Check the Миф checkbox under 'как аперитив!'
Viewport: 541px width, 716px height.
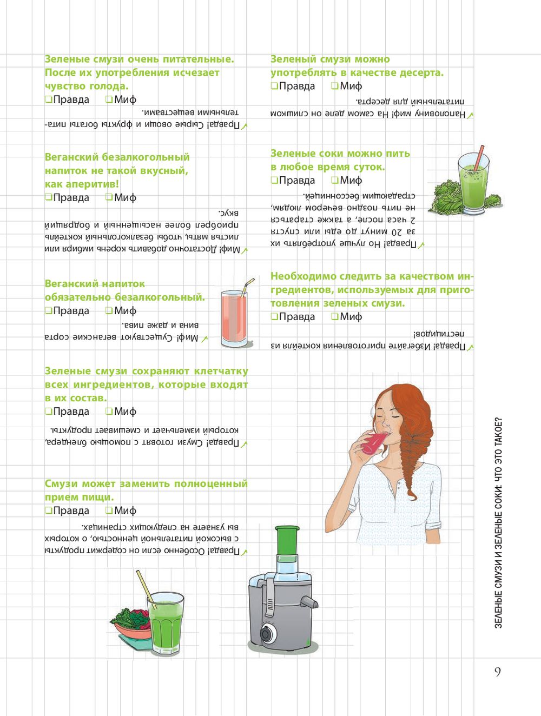(x=109, y=197)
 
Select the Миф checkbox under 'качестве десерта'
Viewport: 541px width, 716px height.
(x=334, y=85)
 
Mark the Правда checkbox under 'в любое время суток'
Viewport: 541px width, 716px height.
(x=274, y=180)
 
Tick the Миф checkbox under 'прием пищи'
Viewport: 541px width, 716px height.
(x=109, y=510)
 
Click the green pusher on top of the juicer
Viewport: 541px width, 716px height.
(x=287, y=540)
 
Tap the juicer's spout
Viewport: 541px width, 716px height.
(x=309, y=602)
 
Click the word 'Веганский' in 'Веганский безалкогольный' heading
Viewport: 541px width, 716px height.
(x=72, y=157)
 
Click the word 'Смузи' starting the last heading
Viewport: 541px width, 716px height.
(x=61, y=483)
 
